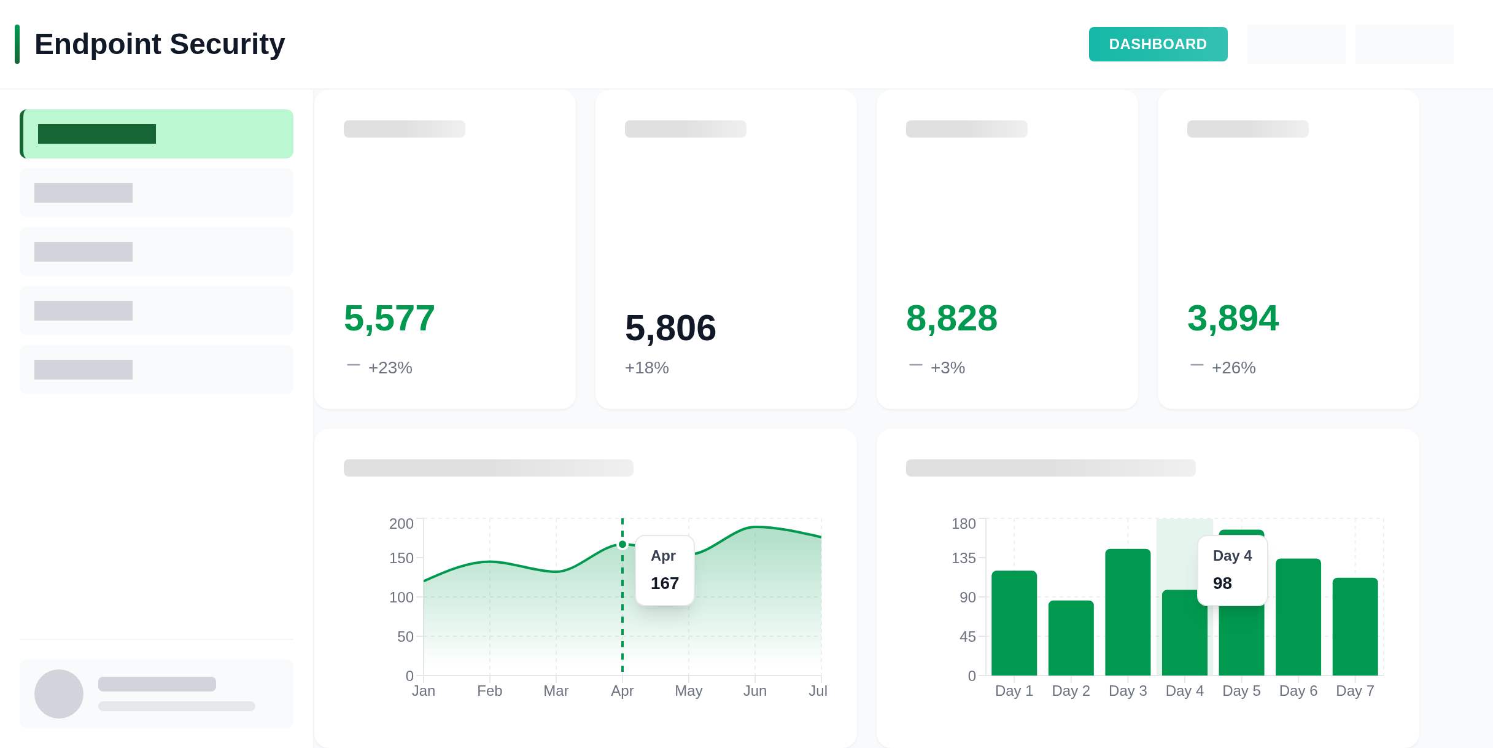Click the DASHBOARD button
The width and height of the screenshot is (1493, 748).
1158,44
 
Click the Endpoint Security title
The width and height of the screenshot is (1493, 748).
160,44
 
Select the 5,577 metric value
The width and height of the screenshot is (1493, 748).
389,318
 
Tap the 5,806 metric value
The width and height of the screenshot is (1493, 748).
670,328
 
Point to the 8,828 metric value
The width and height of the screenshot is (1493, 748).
952,318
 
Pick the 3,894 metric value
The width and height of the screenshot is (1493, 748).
1233,318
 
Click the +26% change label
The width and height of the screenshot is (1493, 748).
1233,368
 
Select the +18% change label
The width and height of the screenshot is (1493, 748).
646,368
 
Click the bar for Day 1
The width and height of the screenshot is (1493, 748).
1014,623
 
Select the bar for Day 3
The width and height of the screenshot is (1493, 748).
1128,612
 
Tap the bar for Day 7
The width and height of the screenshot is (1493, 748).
1355,626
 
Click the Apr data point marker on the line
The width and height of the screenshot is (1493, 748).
622,544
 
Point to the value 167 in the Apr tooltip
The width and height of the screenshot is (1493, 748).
665,583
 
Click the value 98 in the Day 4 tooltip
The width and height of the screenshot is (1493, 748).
1222,583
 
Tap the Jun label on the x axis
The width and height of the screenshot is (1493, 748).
754,691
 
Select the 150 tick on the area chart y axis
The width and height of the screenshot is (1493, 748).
401,558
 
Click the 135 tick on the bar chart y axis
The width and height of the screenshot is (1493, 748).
963,558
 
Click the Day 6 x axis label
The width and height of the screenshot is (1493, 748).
1298,691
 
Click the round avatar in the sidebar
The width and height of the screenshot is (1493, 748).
59,694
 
